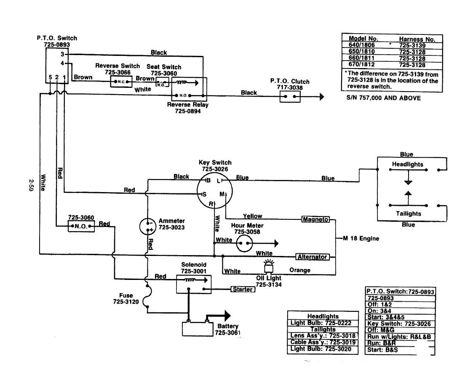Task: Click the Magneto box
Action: pos(316,219)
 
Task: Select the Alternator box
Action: pos(312,257)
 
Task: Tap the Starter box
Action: pos(243,289)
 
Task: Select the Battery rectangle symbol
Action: pos(196,328)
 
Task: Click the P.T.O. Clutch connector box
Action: pos(291,97)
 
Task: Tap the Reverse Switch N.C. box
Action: pos(121,82)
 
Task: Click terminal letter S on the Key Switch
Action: pos(204,194)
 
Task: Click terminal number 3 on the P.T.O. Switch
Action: pos(62,54)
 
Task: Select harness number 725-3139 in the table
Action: pos(412,45)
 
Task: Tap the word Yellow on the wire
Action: pos(252,216)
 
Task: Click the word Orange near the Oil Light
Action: pos(300,270)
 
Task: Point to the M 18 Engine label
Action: pos(361,238)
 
